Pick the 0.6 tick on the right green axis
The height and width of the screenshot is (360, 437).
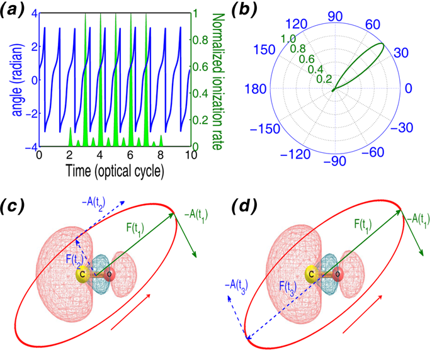coord(203,67)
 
